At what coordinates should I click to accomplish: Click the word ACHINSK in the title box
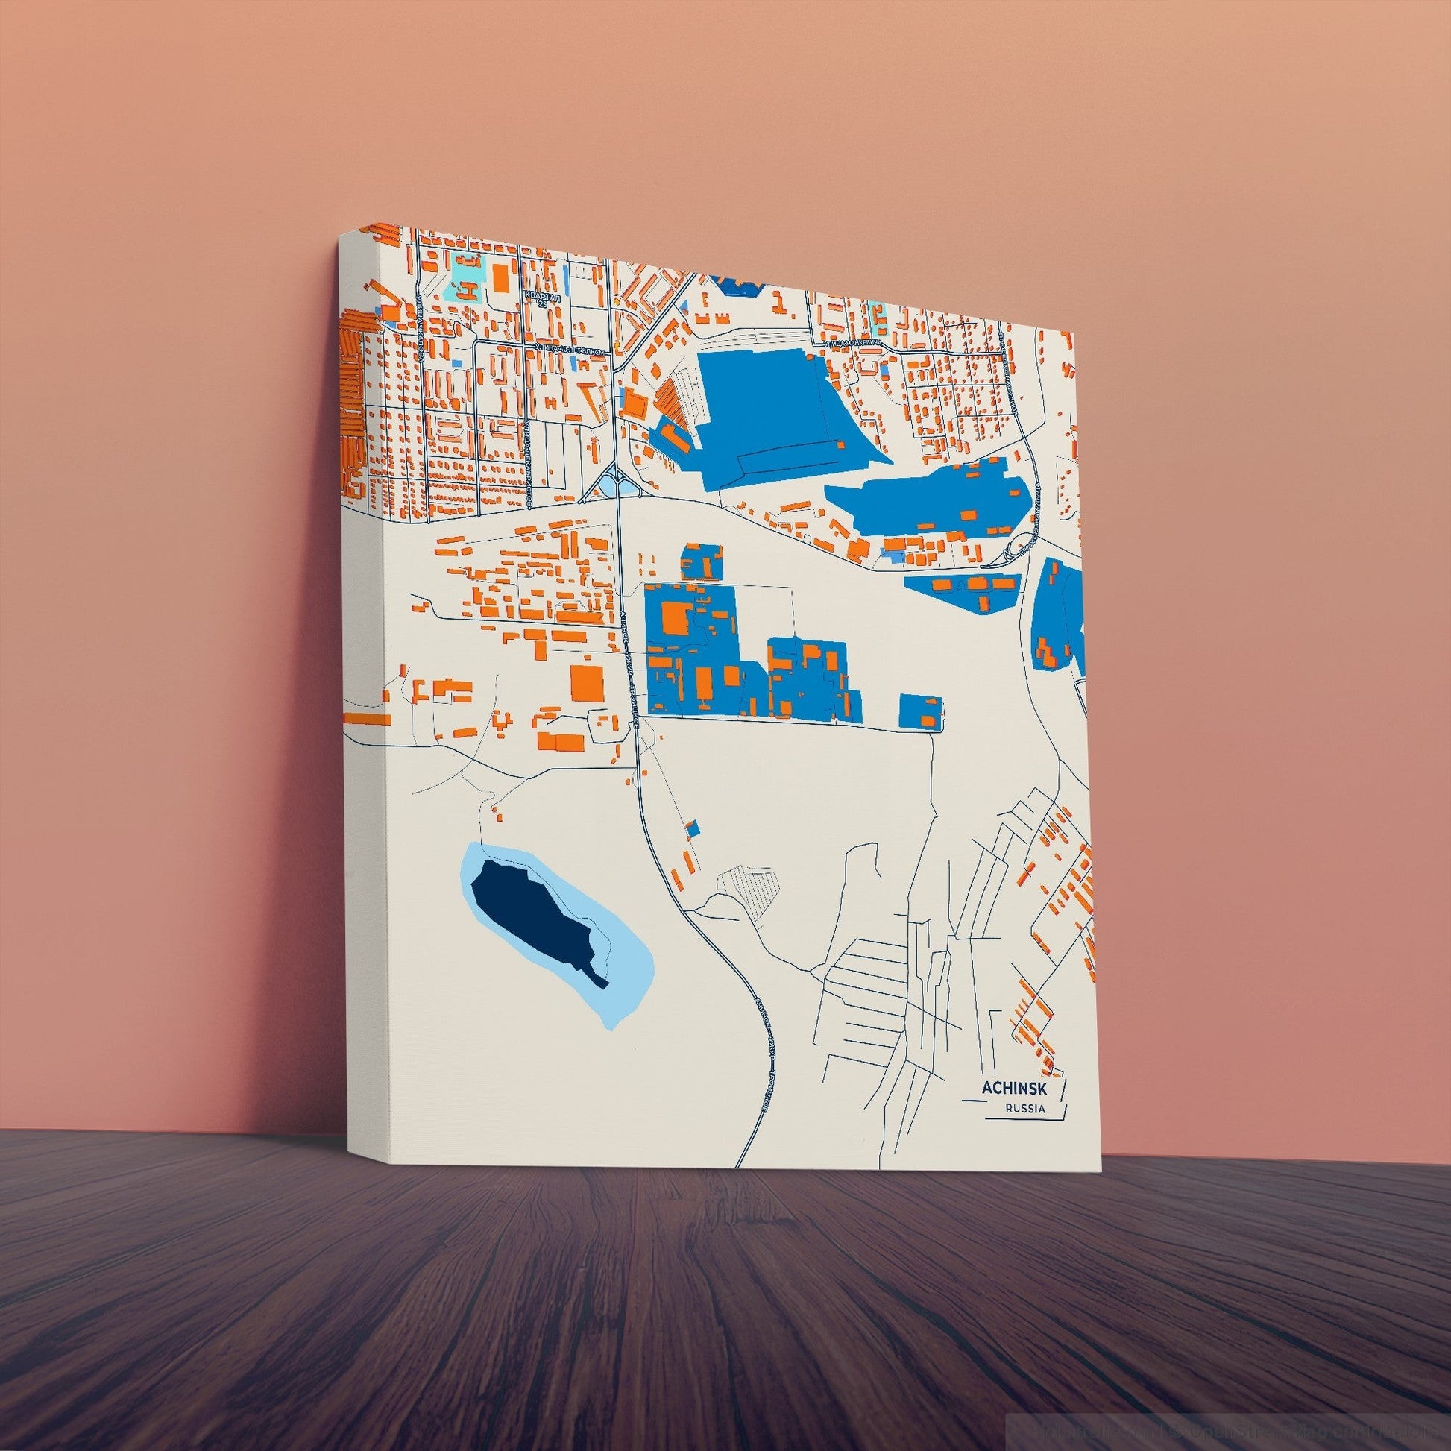click(1010, 1089)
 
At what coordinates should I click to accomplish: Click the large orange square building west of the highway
click(588, 682)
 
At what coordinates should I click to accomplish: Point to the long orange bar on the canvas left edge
click(368, 719)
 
